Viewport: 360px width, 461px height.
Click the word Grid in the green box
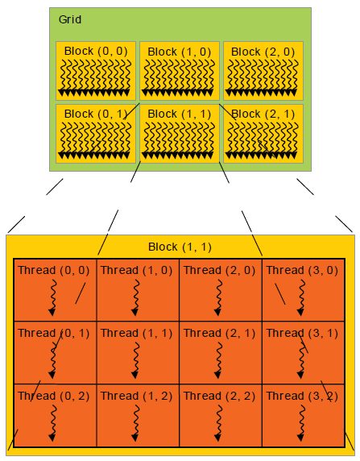click(70, 19)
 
